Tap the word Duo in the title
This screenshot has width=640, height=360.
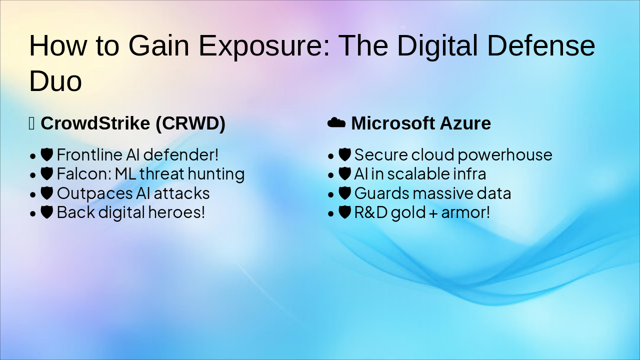pos(55,81)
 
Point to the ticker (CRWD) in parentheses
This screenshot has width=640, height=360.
pos(190,123)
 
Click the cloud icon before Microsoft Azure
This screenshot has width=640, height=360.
pos(336,122)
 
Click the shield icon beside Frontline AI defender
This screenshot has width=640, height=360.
pos(47,154)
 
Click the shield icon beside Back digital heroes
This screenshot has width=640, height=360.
pos(47,212)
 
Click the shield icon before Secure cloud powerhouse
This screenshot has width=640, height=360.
pos(344,154)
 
